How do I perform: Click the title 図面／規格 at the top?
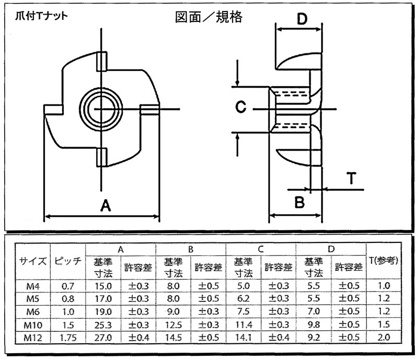pos(208,17)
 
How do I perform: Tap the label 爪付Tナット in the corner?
pos(41,16)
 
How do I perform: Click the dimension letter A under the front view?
pos(106,206)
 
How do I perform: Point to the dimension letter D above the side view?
pos(302,19)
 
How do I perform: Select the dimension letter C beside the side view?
pos(241,107)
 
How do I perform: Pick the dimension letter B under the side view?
pos(299,202)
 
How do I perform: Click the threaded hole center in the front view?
pos(101,109)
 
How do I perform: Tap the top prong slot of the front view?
pos(102,62)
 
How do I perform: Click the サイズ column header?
pos(32,261)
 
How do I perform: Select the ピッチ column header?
pos(68,261)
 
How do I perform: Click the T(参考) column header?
pos(384,261)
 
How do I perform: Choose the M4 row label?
pos(33,286)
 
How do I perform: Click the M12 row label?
pos(33,338)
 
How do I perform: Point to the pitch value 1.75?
pos(68,338)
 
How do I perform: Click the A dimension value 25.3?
pos(103,325)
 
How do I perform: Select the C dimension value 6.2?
pos(243,299)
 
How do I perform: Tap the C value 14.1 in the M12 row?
pos(243,338)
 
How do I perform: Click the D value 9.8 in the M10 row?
pos(313,324)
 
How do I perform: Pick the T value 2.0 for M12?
pos(384,338)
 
